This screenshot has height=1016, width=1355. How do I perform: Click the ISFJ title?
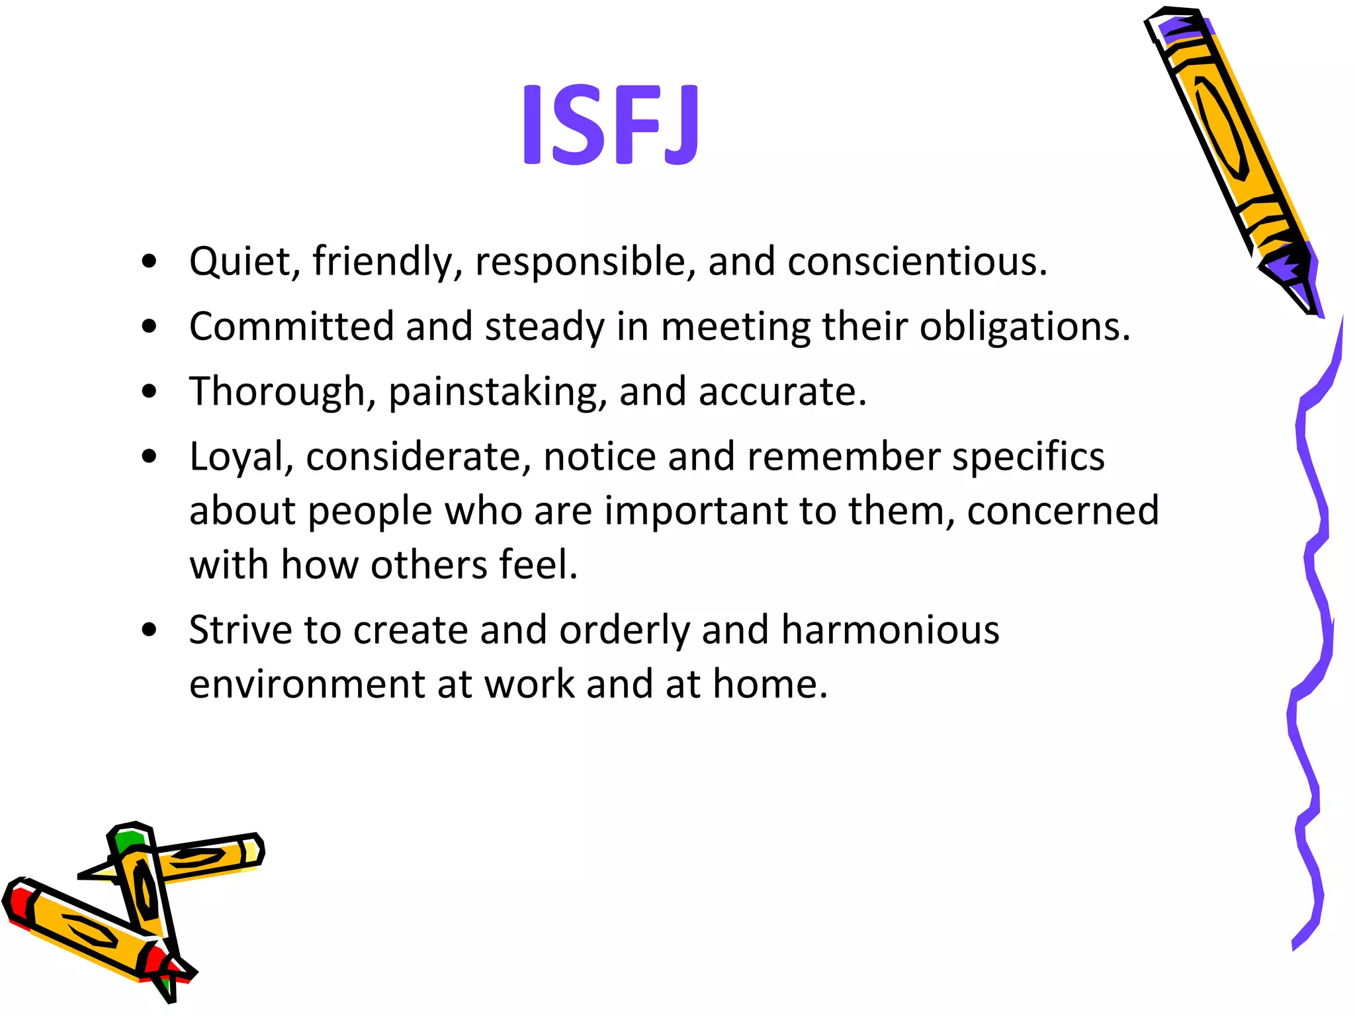(x=609, y=124)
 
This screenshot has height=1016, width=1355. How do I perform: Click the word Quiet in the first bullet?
(x=240, y=261)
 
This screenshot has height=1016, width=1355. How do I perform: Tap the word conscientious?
(x=916, y=261)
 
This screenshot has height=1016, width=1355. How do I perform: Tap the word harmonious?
(x=890, y=629)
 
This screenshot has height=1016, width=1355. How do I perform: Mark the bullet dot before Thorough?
(x=150, y=392)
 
